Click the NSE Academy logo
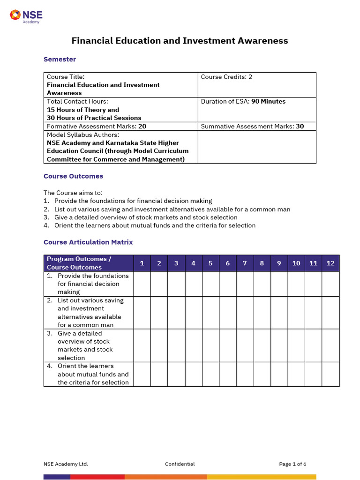click(26, 16)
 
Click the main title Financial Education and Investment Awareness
click(180, 41)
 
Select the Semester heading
click(60, 59)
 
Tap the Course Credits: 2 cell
click(226, 77)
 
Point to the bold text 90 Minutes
click(268, 101)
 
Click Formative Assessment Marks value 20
click(142, 126)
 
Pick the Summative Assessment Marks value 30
click(300, 126)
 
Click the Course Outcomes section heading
click(73, 176)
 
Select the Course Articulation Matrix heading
click(88, 242)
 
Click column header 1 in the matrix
click(142, 263)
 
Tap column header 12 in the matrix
click(330, 263)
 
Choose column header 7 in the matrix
click(245, 263)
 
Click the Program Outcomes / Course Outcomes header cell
click(89, 263)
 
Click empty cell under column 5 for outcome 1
click(210, 284)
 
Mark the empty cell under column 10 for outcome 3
click(296, 345)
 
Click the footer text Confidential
click(180, 464)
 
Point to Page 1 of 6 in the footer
click(292, 464)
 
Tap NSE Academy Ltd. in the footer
click(66, 464)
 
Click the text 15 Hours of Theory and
click(83, 110)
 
